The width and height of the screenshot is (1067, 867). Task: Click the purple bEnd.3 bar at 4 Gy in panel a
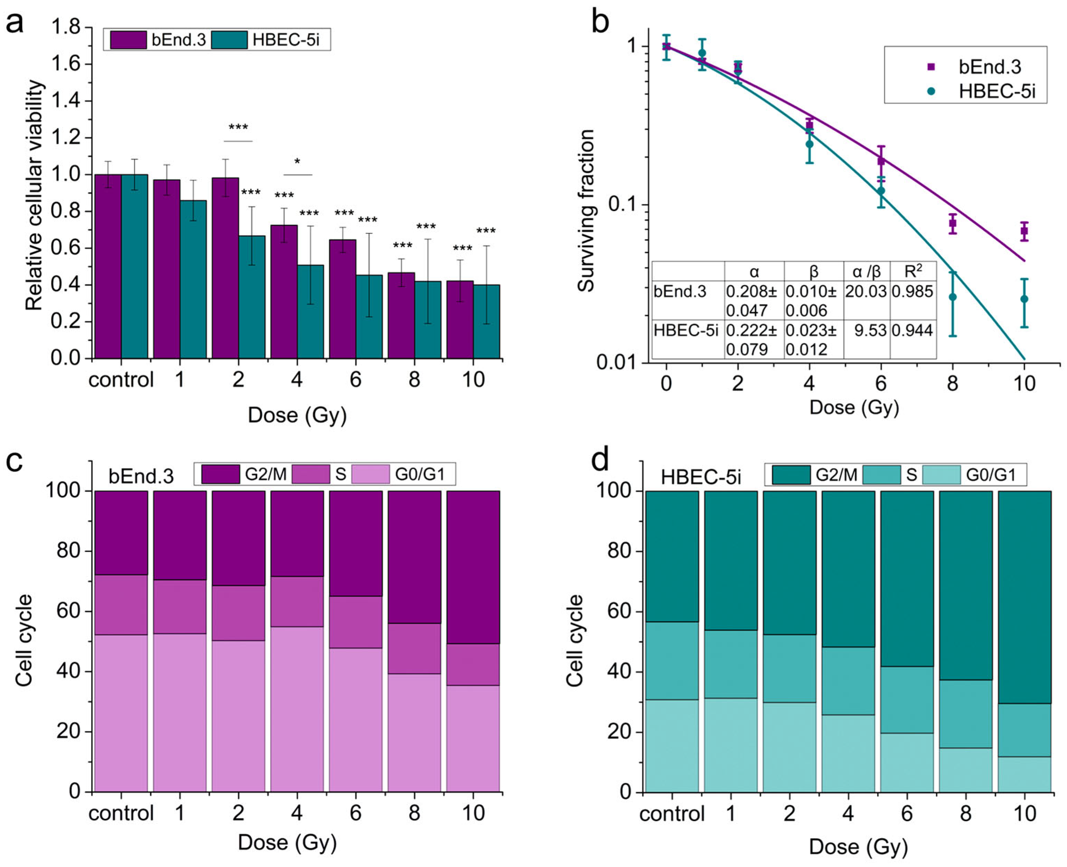pyautogui.click(x=284, y=292)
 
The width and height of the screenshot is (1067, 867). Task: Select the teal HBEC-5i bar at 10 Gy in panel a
pyautogui.click(x=487, y=322)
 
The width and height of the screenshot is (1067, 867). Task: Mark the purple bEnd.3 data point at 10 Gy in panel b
pyautogui.click(x=1024, y=231)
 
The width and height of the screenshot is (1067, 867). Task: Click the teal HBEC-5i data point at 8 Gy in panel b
pyautogui.click(x=953, y=297)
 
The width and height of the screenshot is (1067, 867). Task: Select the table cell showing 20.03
pyautogui.click(x=866, y=292)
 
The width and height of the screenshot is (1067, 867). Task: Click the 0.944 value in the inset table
pyautogui.click(x=913, y=331)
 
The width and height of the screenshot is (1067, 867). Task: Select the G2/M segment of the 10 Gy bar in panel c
pyautogui.click(x=473, y=567)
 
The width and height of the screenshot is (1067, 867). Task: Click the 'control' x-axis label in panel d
pyautogui.click(x=672, y=814)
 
